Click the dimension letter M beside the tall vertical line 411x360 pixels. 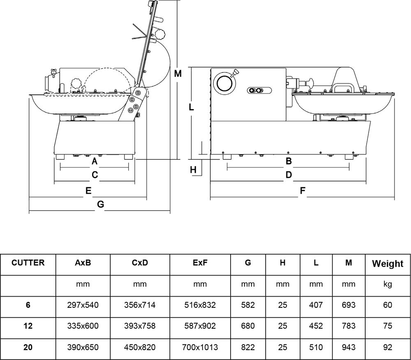pyautogui.click(x=178, y=74)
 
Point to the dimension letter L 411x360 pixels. pyautogui.click(x=191, y=107)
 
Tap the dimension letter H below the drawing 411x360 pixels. pyautogui.click(x=194, y=169)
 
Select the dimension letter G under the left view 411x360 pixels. pyautogui.click(x=100, y=204)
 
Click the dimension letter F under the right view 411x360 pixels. pyautogui.click(x=302, y=191)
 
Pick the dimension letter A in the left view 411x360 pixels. pyautogui.click(x=94, y=160)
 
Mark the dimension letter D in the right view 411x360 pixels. pyautogui.click(x=289, y=175)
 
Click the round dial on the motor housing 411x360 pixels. pyautogui.click(x=225, y=84)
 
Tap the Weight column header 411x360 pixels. pyautogui.click(x=388, y=264)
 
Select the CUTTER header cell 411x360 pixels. pyautogui.click(x=28, y=262)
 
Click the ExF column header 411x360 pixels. pyautogui.click(x=200, y=263)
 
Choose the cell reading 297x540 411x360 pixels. pyautogui.click(x=83, y=305)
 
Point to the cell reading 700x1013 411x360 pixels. pyautogui.click(x=200, y=347)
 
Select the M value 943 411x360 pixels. pyautogui.click(x=348, y=347)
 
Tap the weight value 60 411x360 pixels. pyautogui.click(x=387, y=305)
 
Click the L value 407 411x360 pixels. pyautogui.click(x=316, y=305)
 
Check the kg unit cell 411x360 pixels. pyautogui.click(x=387, y=284)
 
